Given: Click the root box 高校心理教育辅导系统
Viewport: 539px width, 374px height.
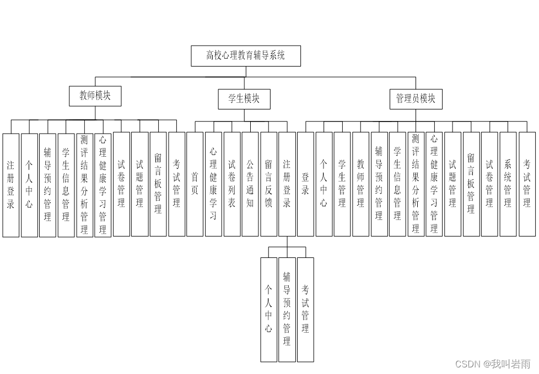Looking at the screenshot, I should [x=246, y=56].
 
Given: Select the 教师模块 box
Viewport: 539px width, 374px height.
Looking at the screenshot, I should [x=95, y=96].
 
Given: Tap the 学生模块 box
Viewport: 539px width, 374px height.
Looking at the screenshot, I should [x=244, y=99].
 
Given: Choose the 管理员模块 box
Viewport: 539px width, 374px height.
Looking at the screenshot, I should [x=416, y=99].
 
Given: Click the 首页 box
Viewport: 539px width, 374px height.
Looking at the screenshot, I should [x=195, y=184].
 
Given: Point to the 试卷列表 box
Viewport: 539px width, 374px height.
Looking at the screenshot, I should [x=231, y=184].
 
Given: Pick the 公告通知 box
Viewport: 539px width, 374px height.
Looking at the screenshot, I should [x=250, y=184].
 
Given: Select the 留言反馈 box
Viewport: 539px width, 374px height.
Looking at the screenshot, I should [x=268, y=184].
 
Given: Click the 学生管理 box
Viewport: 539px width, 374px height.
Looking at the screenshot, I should [x=342, y=184].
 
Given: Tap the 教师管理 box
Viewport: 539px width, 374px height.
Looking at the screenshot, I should [x=360, y=184].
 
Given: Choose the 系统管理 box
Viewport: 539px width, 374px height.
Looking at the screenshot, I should [x=508, y=184].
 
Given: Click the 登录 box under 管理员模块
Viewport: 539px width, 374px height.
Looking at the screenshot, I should [x=305, y=184].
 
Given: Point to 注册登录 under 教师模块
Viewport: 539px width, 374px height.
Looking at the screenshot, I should [x=10, y=185].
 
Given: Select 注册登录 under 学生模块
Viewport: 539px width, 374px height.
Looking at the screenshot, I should [x=287, y=184].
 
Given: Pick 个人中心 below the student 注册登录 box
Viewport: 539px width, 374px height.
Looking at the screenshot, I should [x=268, y=309].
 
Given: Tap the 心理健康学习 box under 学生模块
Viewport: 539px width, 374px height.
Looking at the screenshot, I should [x=213, y=184].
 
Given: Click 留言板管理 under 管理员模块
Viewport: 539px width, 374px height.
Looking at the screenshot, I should [x=471, y=184].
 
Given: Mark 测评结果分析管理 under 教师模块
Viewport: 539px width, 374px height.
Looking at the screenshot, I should [x=84, y=185].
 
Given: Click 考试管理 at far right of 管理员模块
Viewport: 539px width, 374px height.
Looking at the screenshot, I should [x=527, y=184].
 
